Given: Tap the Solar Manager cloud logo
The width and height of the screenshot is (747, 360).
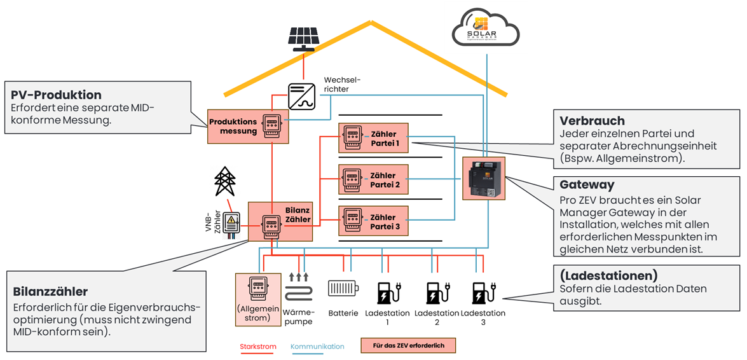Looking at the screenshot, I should pyautogui.click(x=486, y=29).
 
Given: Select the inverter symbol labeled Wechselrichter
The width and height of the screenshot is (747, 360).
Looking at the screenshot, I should pyautogui.click(x=303, y=96).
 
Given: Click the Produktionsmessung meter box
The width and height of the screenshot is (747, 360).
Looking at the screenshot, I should pyautogui.click(x=249, y=125).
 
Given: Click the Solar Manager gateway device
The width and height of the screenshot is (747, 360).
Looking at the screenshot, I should pyautogui.click(x=484, y=179).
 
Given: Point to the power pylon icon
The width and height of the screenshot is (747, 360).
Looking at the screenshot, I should pyautogui.click(x=224, y=182).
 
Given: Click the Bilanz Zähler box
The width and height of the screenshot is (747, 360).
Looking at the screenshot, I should pyautogui.click(x=280, y=221).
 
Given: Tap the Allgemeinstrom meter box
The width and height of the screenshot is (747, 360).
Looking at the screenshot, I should pyautogui.click(x=257, y=300).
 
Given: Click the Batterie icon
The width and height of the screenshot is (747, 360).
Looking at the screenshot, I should pyautogui.click(x=343, y=289).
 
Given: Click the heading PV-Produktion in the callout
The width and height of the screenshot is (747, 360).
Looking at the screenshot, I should pyautogui.click(x=56, y=95).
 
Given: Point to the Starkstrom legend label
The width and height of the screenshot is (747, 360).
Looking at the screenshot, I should pyautogui.click(x=257, y=347).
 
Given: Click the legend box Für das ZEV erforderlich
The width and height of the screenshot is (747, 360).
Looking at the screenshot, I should pyautogui.click(x=408, y=346).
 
